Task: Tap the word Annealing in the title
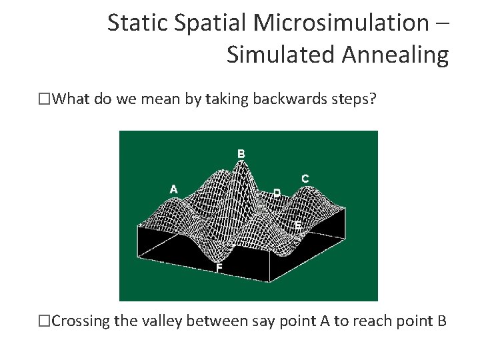[395, 55]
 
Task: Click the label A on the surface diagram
[173, 189]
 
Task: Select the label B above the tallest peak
[241, 154]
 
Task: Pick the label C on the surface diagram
[305, 179]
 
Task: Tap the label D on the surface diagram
[277, 193]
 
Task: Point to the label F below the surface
[219, 268]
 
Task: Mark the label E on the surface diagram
[298, 227]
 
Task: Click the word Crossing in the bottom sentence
[81, 321]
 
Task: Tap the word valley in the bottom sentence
[161, 321]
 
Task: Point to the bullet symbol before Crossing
[45, 321]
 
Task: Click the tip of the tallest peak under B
[245, 163]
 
